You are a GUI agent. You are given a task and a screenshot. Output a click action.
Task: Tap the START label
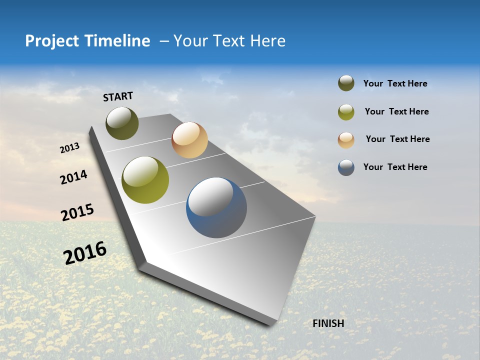tap(118, 96)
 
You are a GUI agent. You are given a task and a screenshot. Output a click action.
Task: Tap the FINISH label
tap(328, 323)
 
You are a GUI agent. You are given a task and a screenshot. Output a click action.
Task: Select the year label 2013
tap(69, 148)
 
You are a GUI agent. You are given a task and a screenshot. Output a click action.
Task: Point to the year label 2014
tap(73, 177)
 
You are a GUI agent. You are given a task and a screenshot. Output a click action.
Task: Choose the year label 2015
tap(77, 212)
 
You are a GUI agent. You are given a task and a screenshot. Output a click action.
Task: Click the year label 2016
tap(85, 252)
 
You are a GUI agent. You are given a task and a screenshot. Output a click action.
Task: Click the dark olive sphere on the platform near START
tap(122, 123)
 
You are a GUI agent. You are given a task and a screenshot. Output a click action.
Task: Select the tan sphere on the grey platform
tap(189, 140)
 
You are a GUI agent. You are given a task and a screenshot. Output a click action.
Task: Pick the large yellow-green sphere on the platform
tap(145, 180)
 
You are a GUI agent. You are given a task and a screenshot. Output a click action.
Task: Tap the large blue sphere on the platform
tap(216, 207)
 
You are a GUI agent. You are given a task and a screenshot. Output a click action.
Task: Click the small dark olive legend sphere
tap(346, 83)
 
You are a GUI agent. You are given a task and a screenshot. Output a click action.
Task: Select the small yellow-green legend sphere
tap(346, 112)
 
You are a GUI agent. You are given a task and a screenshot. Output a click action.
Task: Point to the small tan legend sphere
tap(346, 139)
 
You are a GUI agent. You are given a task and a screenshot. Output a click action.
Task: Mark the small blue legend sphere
tap(346, 167)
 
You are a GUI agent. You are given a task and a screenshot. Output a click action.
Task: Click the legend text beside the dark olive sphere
tap(395, 83)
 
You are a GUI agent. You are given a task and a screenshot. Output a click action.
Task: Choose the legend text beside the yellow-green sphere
tap(396, 111)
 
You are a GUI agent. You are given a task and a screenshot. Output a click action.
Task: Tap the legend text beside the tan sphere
tap(397, 139)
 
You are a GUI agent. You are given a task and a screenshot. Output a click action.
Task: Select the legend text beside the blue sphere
tap(395, 167)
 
